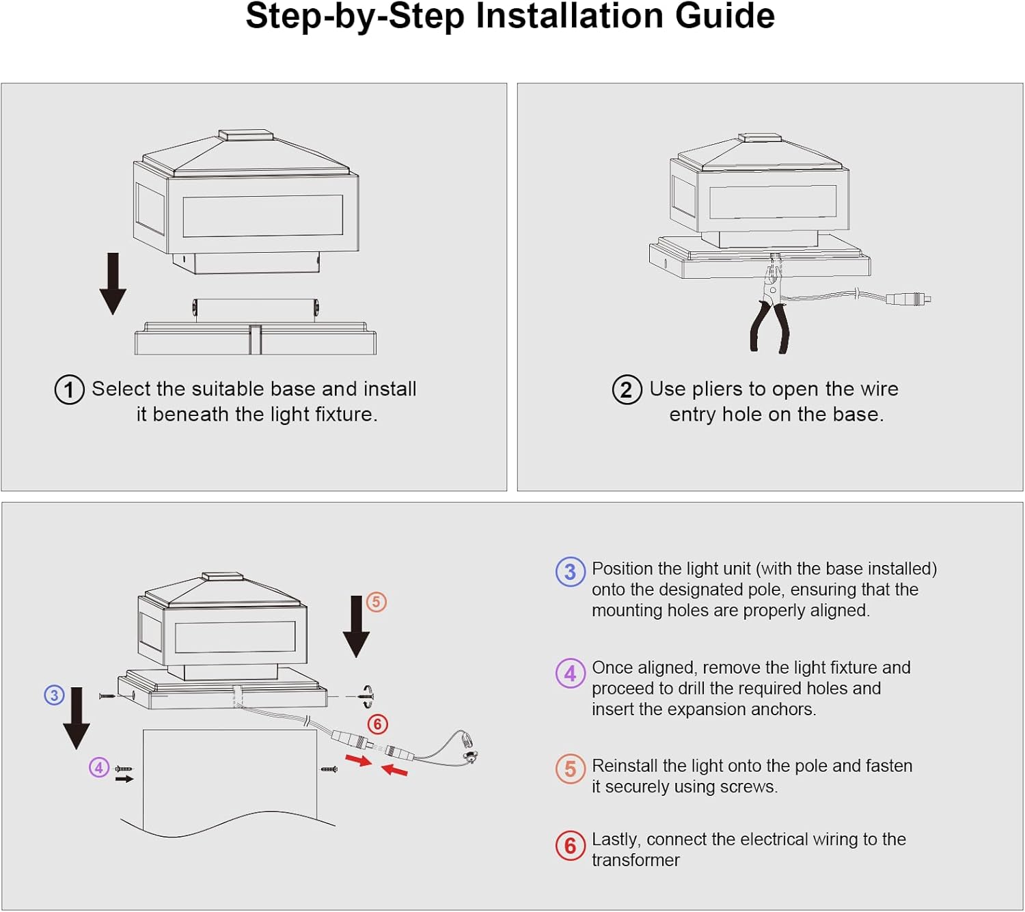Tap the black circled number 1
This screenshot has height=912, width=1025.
(69, 390)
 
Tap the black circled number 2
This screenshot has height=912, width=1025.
(627, 390)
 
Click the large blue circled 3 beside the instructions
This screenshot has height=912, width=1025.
(570, 572)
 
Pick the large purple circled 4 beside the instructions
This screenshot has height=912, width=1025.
(570, 674)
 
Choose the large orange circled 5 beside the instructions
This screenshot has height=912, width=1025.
(570, 769)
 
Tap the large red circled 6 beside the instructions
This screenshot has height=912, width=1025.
(570, 846)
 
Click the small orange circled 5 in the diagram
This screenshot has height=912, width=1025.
(377, 602)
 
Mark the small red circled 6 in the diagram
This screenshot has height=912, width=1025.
(378, 724)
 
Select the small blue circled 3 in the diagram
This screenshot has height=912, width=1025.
(54, 695)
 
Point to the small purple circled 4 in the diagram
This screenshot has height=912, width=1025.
(99, 767)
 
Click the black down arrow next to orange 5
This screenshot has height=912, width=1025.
(356, 626)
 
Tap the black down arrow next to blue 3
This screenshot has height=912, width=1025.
(77, 718)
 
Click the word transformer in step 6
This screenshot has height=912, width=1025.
(635, 860)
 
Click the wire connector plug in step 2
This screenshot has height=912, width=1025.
(907, 299)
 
